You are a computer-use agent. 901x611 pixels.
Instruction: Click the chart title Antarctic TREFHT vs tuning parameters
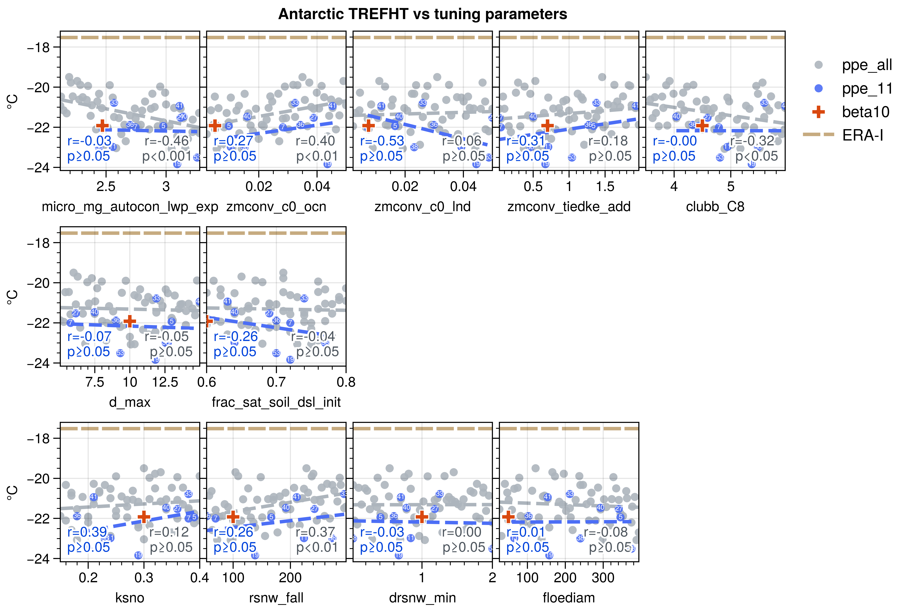click(423, 14)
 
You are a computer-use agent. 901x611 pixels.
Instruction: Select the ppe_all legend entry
click(866, 65)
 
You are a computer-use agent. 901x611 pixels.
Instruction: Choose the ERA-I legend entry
click(863, 135)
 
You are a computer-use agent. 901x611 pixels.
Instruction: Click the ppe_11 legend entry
click(866, 89)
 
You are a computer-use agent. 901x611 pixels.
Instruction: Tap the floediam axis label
click(569, 598)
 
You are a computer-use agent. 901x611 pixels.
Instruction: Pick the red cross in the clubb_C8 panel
click(702, 125)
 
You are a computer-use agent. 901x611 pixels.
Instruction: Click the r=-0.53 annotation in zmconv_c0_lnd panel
click(382, 141)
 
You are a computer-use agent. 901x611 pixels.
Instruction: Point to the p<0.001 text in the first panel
click(167, 156)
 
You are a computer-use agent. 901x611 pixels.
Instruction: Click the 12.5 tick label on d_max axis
click(165, 382)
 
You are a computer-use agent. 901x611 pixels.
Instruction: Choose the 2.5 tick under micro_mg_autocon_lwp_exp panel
click(106, 187)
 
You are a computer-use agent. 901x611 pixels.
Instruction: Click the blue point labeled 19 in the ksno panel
click(138, 555)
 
